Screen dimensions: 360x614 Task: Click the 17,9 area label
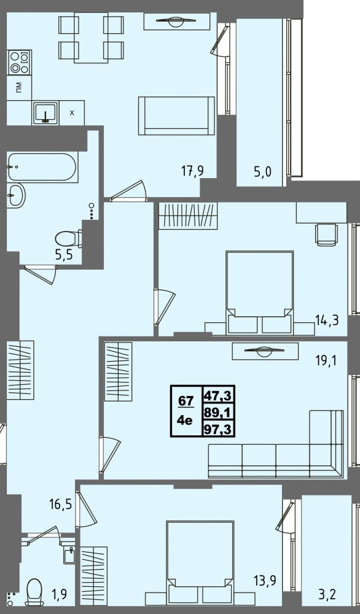click(x=193, y=171)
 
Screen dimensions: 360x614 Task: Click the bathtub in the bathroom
click(x=42, y=167)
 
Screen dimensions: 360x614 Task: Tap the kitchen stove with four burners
click(x=19, y=62)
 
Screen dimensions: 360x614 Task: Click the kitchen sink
click(x=46, y=113)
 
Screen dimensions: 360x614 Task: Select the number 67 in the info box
click(x=186, y=401)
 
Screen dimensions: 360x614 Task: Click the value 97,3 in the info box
click(x=218, y=430)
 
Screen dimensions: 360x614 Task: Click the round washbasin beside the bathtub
click(x=16, y=195)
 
